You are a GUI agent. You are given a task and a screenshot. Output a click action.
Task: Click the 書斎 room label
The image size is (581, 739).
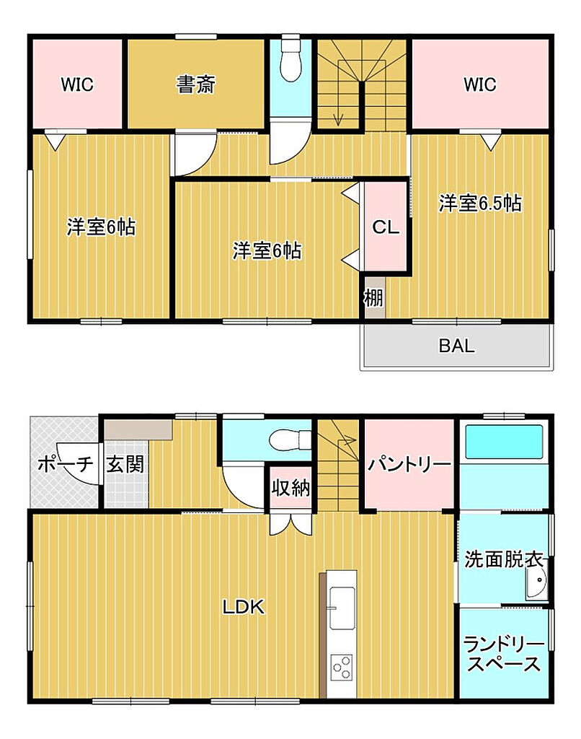(x=195, y=85)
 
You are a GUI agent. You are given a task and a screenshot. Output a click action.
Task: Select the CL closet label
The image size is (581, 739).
(x=386, y=227)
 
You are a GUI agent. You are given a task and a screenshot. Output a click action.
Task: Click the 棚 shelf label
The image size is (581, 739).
(x=374, y=297)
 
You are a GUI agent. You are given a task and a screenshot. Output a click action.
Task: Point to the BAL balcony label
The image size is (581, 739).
(x=457, y=346)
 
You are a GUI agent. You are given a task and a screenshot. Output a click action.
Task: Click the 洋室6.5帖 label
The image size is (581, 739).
(x=480, y=203)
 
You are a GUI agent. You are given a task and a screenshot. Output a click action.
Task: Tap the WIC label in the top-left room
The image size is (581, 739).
(x=77, y=84)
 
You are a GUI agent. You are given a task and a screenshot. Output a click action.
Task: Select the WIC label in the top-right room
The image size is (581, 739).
(x=480, y=84)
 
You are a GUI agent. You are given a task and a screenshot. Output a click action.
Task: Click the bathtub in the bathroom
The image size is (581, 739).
(x=504, y=442)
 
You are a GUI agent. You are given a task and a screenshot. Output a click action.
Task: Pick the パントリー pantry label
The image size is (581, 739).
(x=409, y=465)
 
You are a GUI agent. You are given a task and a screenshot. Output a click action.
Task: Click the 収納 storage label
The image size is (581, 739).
(x=290, y=487)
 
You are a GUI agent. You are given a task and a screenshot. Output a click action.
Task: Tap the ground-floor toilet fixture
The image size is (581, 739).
(x=290, y=441)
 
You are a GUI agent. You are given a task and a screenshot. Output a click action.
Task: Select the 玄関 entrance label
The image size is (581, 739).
(x=125, y=464)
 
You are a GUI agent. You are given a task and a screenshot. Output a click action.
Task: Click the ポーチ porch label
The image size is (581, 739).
(x=66, y=464)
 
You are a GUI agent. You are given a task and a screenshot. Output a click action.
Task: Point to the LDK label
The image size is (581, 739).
(x=244, y=607)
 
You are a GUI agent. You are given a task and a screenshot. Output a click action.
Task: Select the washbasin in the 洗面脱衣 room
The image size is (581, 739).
(x=537, y=583)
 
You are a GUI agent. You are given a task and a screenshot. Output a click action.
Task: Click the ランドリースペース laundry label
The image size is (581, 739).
(x=503, y=654)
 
